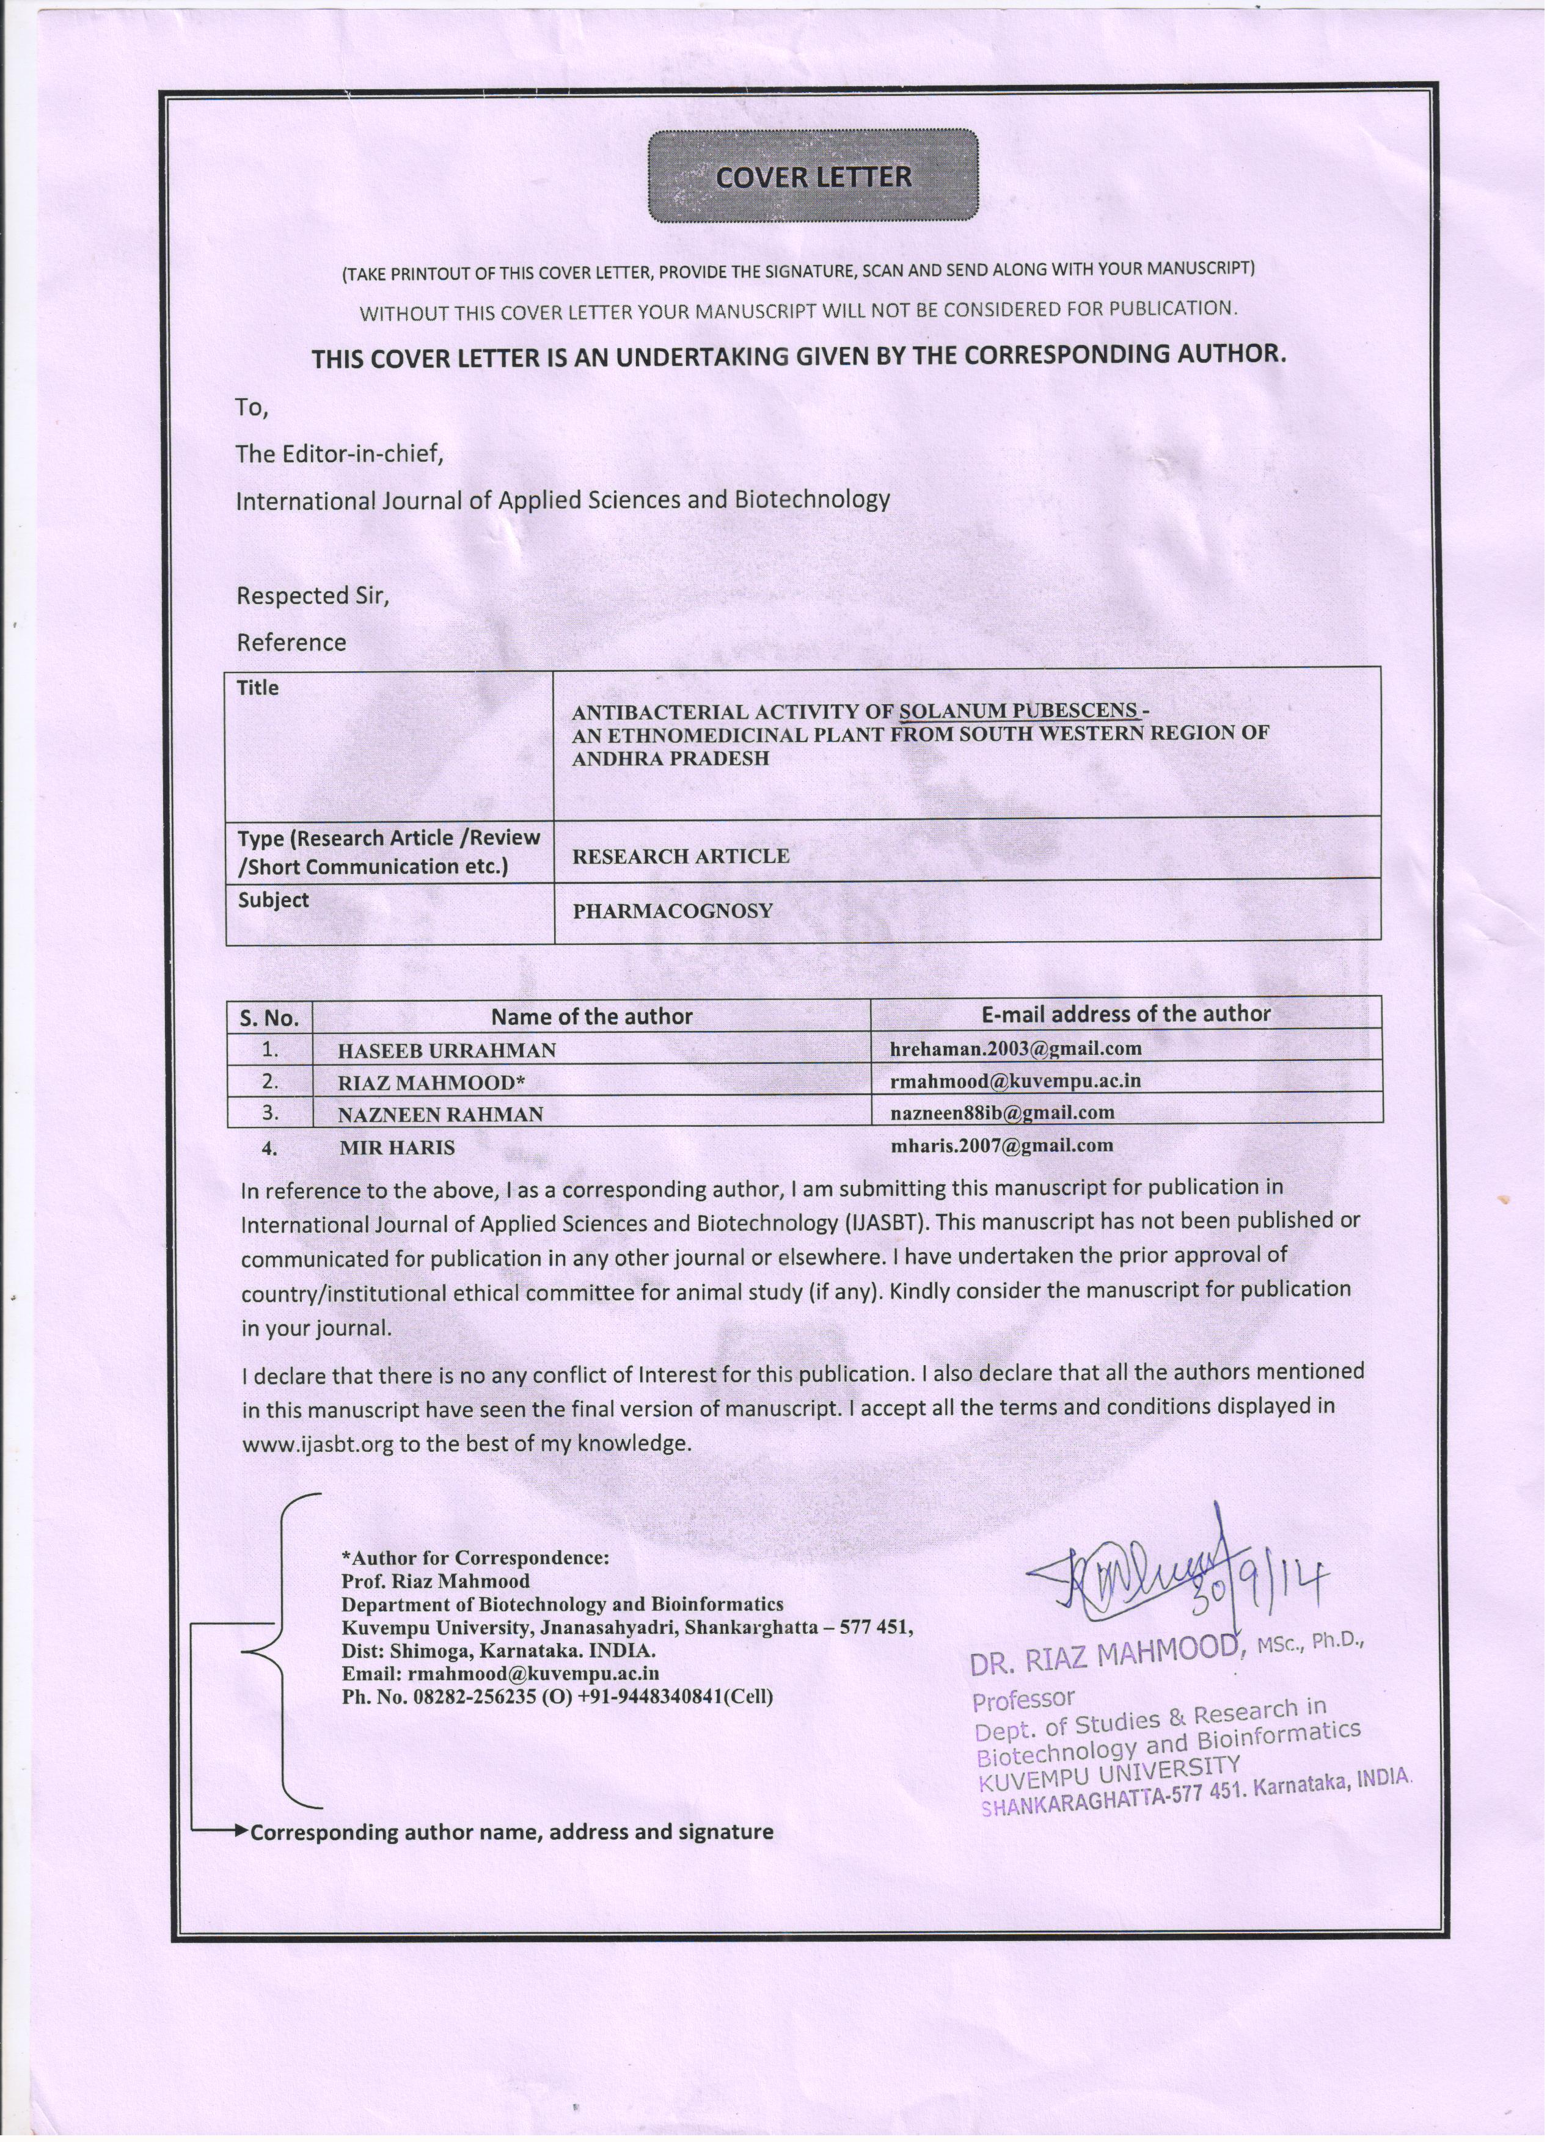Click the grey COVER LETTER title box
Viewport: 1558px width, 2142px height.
(813, 177)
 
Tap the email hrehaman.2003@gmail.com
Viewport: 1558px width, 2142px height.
(1015, 1048)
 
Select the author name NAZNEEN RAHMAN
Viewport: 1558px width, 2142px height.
(441, 1115)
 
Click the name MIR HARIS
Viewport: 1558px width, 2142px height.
(397, 1148)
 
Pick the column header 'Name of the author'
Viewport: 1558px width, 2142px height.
(591, 1017)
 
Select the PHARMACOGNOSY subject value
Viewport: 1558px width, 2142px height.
(673, 911)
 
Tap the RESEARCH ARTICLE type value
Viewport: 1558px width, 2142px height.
(680, 856)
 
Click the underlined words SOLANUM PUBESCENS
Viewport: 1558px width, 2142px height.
(1017, 711)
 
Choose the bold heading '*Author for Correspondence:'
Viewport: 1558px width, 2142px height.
(475, 1557)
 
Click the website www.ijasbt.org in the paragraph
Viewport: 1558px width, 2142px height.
(318, 1444)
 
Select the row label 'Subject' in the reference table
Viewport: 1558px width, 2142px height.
(273, 900)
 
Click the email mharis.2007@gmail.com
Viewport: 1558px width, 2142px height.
(1001, 1146)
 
